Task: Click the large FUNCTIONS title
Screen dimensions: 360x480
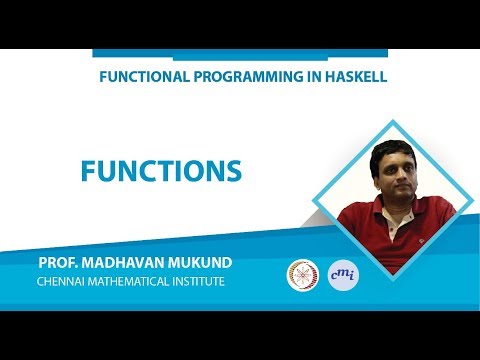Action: click(x=161, y=171)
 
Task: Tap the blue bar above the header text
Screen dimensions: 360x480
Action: click(x=239, y=54)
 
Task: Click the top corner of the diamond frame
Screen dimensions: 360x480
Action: click(x=386, y=122)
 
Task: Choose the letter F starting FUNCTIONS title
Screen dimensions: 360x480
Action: click(x=89, y=171)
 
